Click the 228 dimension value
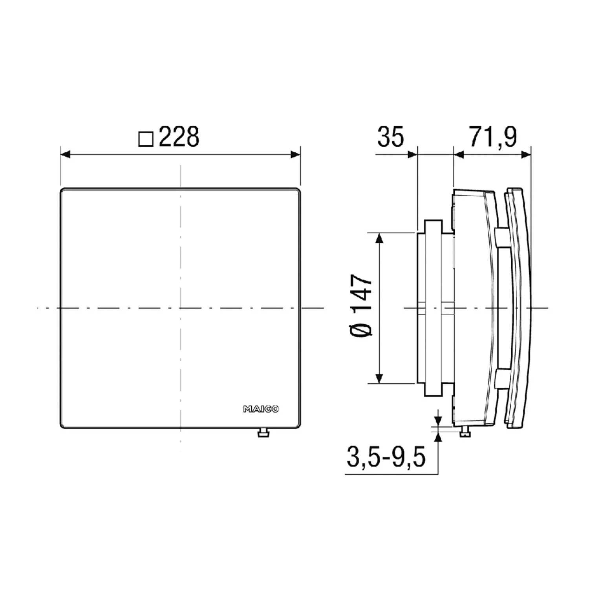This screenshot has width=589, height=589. (179, 137)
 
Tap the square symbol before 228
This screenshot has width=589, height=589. (146, 139)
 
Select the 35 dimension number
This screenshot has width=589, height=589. (391, 137)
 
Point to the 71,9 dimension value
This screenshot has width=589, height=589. (493, 137)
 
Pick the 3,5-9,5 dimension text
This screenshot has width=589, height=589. (386, 457)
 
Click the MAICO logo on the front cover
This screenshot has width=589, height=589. (261, 410)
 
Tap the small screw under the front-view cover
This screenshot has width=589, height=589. (263, 432)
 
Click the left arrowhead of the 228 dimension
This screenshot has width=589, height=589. (65, 155)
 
